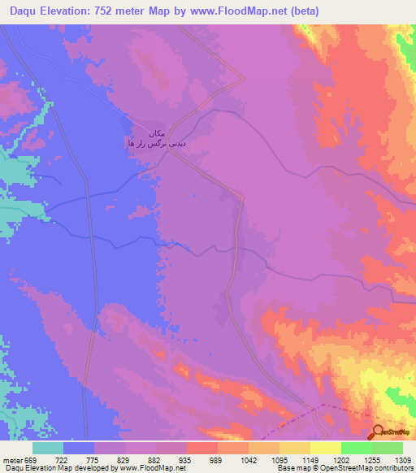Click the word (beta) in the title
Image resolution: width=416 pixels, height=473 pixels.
tap(301, 11)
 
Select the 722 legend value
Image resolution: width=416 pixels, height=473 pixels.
tap(63, 459)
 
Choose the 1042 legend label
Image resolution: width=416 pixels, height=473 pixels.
tap(249, 459)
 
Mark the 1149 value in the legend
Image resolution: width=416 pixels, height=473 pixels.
tap(310, 459)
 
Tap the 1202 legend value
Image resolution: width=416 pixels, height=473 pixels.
tap(341, 459)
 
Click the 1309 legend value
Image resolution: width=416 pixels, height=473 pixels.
tap(403, 459)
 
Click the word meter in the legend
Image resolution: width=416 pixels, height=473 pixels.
tap(12, 459)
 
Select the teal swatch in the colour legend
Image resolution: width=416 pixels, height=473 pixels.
tap(48, 448)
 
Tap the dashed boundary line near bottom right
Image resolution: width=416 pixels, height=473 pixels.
tap(325, 406)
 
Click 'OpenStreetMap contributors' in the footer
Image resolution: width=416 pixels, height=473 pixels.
tap(375, 469)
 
